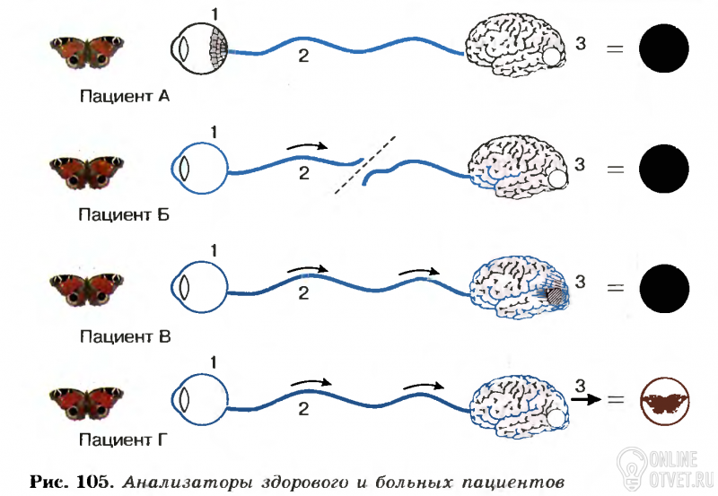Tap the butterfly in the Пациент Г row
(x=87, y=398)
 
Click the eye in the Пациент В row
(x=199, y=287)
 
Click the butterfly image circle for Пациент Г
(x=664, y=400)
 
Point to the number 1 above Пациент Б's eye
(x=214, y=134)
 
